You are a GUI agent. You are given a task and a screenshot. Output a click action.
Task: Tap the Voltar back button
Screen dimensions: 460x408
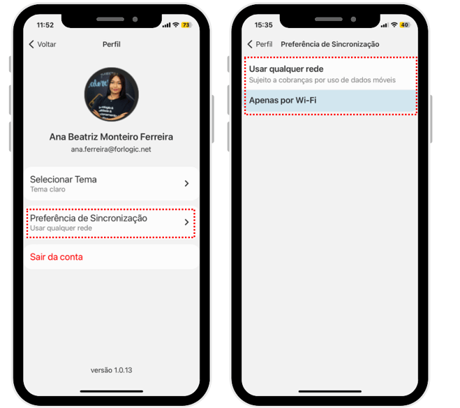tap(43, 44)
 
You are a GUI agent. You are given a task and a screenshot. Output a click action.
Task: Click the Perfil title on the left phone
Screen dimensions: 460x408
tap(112, 44)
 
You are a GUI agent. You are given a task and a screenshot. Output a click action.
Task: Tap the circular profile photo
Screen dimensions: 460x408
tap(112, 94)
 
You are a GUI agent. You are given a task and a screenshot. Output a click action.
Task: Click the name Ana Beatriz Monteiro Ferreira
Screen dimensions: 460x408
tap(111, 137)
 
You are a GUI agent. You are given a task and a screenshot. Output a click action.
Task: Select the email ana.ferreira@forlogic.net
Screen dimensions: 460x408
tap(111, 150)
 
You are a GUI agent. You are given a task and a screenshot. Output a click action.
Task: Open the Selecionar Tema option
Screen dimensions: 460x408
tap(112, 184)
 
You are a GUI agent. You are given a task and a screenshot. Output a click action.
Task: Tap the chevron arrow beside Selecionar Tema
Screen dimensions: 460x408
tap(186, 184)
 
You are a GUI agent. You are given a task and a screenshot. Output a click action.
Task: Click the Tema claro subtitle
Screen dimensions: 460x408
tap(47, 189)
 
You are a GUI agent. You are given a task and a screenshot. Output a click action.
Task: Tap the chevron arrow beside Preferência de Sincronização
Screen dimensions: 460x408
tap(186, 222)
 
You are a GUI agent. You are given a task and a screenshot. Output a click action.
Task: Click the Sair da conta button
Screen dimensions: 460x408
tap(57, 257)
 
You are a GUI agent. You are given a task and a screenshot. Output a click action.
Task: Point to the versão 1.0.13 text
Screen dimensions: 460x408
tap(112, 370)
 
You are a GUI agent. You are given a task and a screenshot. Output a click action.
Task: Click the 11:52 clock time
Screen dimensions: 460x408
tap(45, 25)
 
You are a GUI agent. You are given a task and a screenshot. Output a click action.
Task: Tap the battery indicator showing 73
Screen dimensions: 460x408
tap(186, 25)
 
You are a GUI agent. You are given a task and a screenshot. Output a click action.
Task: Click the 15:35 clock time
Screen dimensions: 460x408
tap(263, 25)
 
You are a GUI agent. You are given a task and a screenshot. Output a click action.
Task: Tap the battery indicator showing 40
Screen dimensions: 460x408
tap(405, 25)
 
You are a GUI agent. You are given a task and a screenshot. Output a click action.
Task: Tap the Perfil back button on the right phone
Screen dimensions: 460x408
tap(260, 44)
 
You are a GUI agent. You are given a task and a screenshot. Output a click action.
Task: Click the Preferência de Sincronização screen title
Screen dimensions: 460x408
tap(330, 44)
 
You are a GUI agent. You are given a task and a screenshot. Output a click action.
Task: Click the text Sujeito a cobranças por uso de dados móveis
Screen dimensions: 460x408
tap(322, 80)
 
